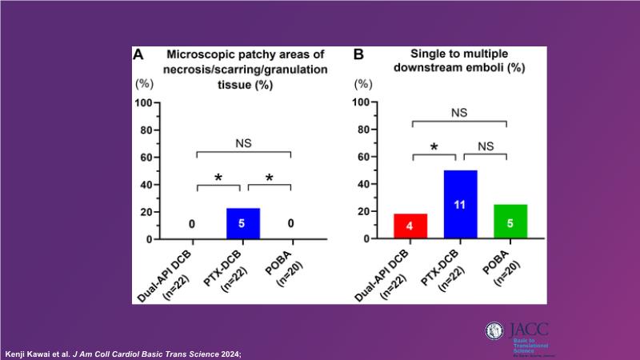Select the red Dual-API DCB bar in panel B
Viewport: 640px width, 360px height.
(410, 226)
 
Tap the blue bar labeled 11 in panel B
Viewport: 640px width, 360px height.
(461, 205)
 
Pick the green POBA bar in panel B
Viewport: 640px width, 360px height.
(510, 222)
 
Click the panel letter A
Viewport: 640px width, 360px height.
(138, 55)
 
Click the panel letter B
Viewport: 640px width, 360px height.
(359, 55)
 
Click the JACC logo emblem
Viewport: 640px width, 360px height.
(496, 333)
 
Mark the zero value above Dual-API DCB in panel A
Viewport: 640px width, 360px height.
(191, 225)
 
